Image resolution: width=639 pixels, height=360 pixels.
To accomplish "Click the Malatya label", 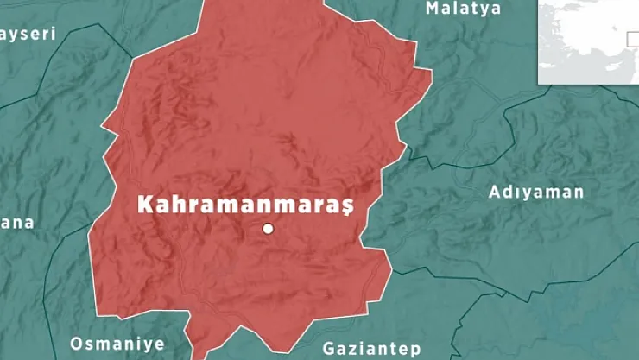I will point(463,9).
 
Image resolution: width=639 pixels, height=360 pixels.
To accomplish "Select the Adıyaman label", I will point(536,192).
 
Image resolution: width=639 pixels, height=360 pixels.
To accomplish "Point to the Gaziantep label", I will point(371,349).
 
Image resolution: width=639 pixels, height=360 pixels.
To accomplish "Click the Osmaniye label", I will point(116,343).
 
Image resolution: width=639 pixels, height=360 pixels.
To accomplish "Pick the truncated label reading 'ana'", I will point(17,223).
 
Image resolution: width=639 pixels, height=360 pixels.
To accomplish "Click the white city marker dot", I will point(268,228).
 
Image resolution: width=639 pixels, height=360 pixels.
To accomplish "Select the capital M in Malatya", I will point(433,9).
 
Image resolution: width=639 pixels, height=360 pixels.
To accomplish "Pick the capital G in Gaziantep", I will point(329,349).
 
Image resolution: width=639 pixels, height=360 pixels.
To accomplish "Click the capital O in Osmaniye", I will point(77,343).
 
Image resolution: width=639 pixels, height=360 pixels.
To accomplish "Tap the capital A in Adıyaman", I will point(495,192).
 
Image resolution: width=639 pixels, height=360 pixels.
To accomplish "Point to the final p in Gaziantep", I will point(415,351).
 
